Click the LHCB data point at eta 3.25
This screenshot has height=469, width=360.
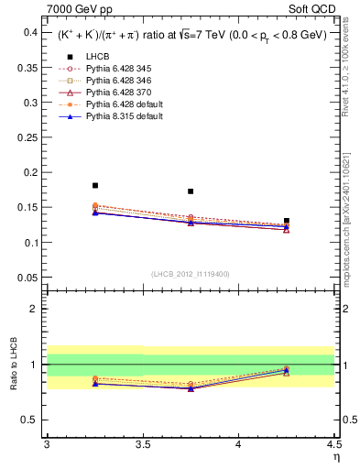click(x=95, y=185)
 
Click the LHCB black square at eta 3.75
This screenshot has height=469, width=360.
click(x=191, y=191)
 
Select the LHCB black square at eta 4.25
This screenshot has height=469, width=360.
click(x=287, y=221)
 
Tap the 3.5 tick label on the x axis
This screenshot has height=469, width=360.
click(x=143, y=445)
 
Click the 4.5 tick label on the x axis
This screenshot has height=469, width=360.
click(x=333, y=445)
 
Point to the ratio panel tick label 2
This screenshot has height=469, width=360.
click(x=35, y=309)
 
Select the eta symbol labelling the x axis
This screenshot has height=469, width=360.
click(x=335, y=457)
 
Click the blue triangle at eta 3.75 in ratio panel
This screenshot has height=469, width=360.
click(x=191, y=388)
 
